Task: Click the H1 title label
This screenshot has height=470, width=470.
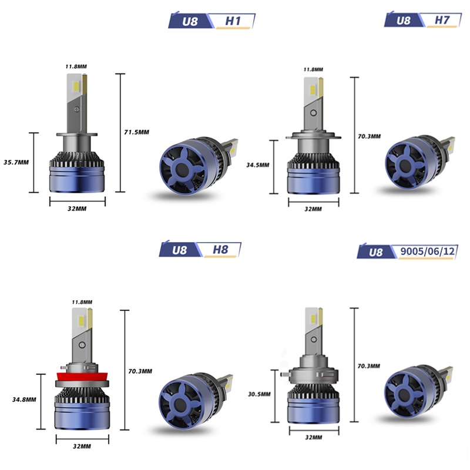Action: [233, 21]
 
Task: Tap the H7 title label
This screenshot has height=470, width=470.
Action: [442, 20]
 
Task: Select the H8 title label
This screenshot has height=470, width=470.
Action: [220, 249]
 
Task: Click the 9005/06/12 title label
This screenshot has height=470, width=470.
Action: [428, 251]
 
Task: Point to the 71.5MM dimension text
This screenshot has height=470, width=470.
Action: [137, 132]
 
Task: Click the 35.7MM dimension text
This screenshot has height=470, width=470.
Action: [16, 163]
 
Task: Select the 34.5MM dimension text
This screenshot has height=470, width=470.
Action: [258, 165]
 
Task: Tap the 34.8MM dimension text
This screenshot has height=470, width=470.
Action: [24, 399]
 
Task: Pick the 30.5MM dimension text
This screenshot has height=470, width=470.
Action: [259, 394]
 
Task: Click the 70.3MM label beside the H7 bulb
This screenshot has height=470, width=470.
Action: [370, 136]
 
